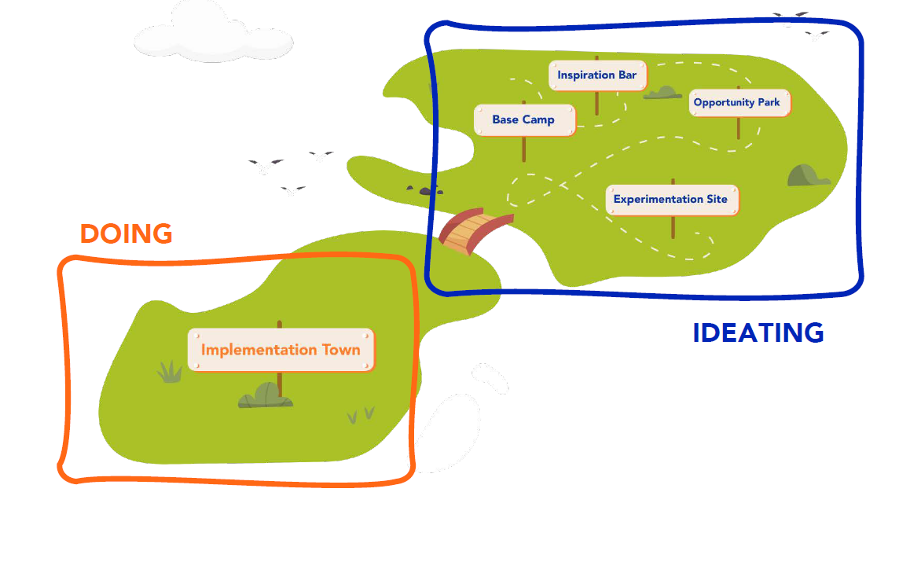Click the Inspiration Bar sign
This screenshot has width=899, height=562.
point(597,75)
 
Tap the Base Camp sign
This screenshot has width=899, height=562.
point(524,119)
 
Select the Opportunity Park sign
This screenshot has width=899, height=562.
point(739,103)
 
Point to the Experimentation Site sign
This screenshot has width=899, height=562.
point(672,200)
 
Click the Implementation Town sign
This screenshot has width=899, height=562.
point(281,350)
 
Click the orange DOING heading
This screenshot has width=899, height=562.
point(127,234)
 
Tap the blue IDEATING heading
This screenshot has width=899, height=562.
point(758,332)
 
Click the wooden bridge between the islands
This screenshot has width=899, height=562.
point(475,231)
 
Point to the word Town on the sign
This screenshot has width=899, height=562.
point(341,350)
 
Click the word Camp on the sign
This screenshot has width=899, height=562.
point(538,119)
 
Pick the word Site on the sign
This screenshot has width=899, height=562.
point(717,199)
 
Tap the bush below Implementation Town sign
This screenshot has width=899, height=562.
point(266,395)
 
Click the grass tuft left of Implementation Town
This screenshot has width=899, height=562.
point(170,372)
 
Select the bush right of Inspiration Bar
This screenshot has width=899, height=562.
point(662,92)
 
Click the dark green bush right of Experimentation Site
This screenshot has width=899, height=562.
point(807,175)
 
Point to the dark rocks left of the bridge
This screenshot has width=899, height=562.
point(425,189)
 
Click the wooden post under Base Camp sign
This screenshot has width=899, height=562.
point(524,149)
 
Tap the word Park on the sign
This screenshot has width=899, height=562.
point(769,102)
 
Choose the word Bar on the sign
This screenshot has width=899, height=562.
point(627,75)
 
